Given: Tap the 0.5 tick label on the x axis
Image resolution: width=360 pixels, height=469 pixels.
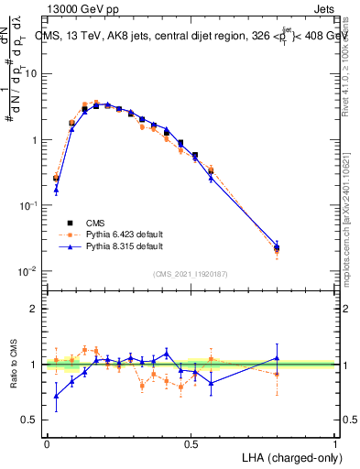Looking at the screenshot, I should pos(191,442).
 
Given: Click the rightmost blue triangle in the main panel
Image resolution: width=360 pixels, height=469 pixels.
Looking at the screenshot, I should pos(277,245).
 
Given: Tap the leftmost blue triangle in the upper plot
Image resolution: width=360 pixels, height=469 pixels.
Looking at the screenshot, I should pos(56,190).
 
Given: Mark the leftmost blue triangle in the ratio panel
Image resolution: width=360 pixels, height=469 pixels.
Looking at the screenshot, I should pos(56,396).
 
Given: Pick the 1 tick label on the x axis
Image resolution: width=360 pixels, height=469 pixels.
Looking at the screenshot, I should pos(335,442).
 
